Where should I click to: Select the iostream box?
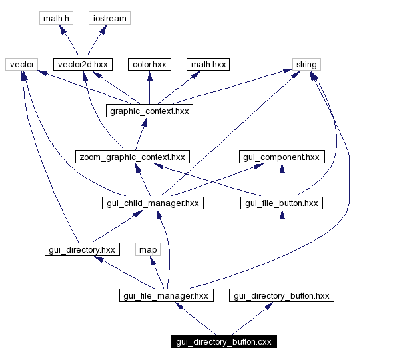click(x=109, y=18)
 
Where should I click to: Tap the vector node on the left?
click(x=21, y=64)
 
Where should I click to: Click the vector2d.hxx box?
click(x=82, y=64)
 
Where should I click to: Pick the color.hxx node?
click(x=149, y=64)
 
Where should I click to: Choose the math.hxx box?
click(x=208, y=64)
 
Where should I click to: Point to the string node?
click(x=306, y=64)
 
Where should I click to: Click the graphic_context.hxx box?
click(x=149, y=111)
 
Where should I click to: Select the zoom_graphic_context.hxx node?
click(x=131, y=157)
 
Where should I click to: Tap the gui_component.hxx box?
click(x=282, y=157)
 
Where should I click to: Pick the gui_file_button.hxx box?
click(x=282, y=203)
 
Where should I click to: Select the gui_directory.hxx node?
click(x=82, y=249)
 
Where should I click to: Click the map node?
click(x=148, y=249)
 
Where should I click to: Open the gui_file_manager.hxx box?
click(x=166, y=295)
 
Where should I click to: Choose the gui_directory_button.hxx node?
click(x=280, y=295)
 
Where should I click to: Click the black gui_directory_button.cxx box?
click(x=223, y=341)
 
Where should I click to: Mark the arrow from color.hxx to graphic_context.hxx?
click(x=149, y=87)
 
